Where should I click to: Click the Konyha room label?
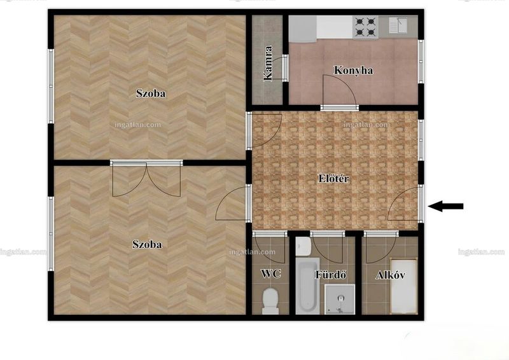point(353,71)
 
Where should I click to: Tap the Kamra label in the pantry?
point(268,64)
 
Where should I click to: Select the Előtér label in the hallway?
point(333,179)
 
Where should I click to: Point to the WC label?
point(271,273)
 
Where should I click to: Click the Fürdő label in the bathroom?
point(330,275)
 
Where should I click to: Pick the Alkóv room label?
point(390,275)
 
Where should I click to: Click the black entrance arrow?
point(445,206)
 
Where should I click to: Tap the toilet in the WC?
point(270,301)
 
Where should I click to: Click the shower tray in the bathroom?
point(340,300)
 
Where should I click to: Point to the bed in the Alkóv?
point(403,286)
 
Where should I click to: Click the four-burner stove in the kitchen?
point(365,27)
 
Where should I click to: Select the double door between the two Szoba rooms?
point(146,178)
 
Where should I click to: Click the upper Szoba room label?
point(151,93)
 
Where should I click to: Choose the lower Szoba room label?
point(147,244)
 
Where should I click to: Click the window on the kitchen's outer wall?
point(421,62)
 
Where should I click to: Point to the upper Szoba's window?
point(51,86)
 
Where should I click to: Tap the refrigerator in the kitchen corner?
point(303,29)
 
